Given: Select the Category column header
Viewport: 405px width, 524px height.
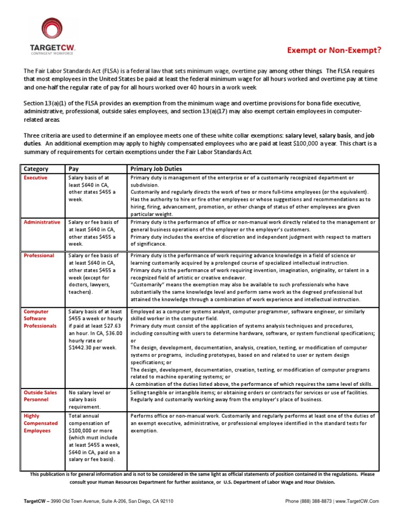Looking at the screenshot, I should pyautogui.click(x=36, y=169).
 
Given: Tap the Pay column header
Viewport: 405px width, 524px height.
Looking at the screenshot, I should pyautogui.click(x=74, y=169).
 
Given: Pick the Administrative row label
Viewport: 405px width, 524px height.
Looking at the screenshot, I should pyautogui.click(x=42, y=222).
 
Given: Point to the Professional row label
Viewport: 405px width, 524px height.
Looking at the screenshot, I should pyautogui.click(x=38, y=256).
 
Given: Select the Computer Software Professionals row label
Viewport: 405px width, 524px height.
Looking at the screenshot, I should pyautogui.click(x=40, y=318).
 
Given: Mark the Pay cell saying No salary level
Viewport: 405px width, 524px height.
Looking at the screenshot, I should pyautogui.click(x=90, y=393).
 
